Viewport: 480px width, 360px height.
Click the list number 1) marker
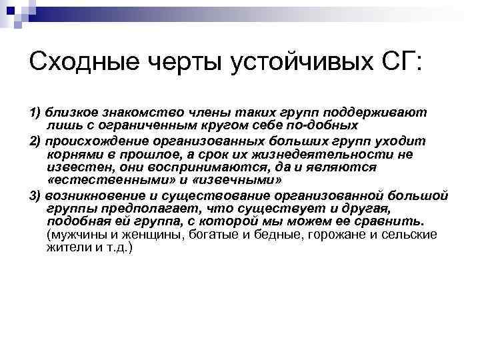pos(35,113)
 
